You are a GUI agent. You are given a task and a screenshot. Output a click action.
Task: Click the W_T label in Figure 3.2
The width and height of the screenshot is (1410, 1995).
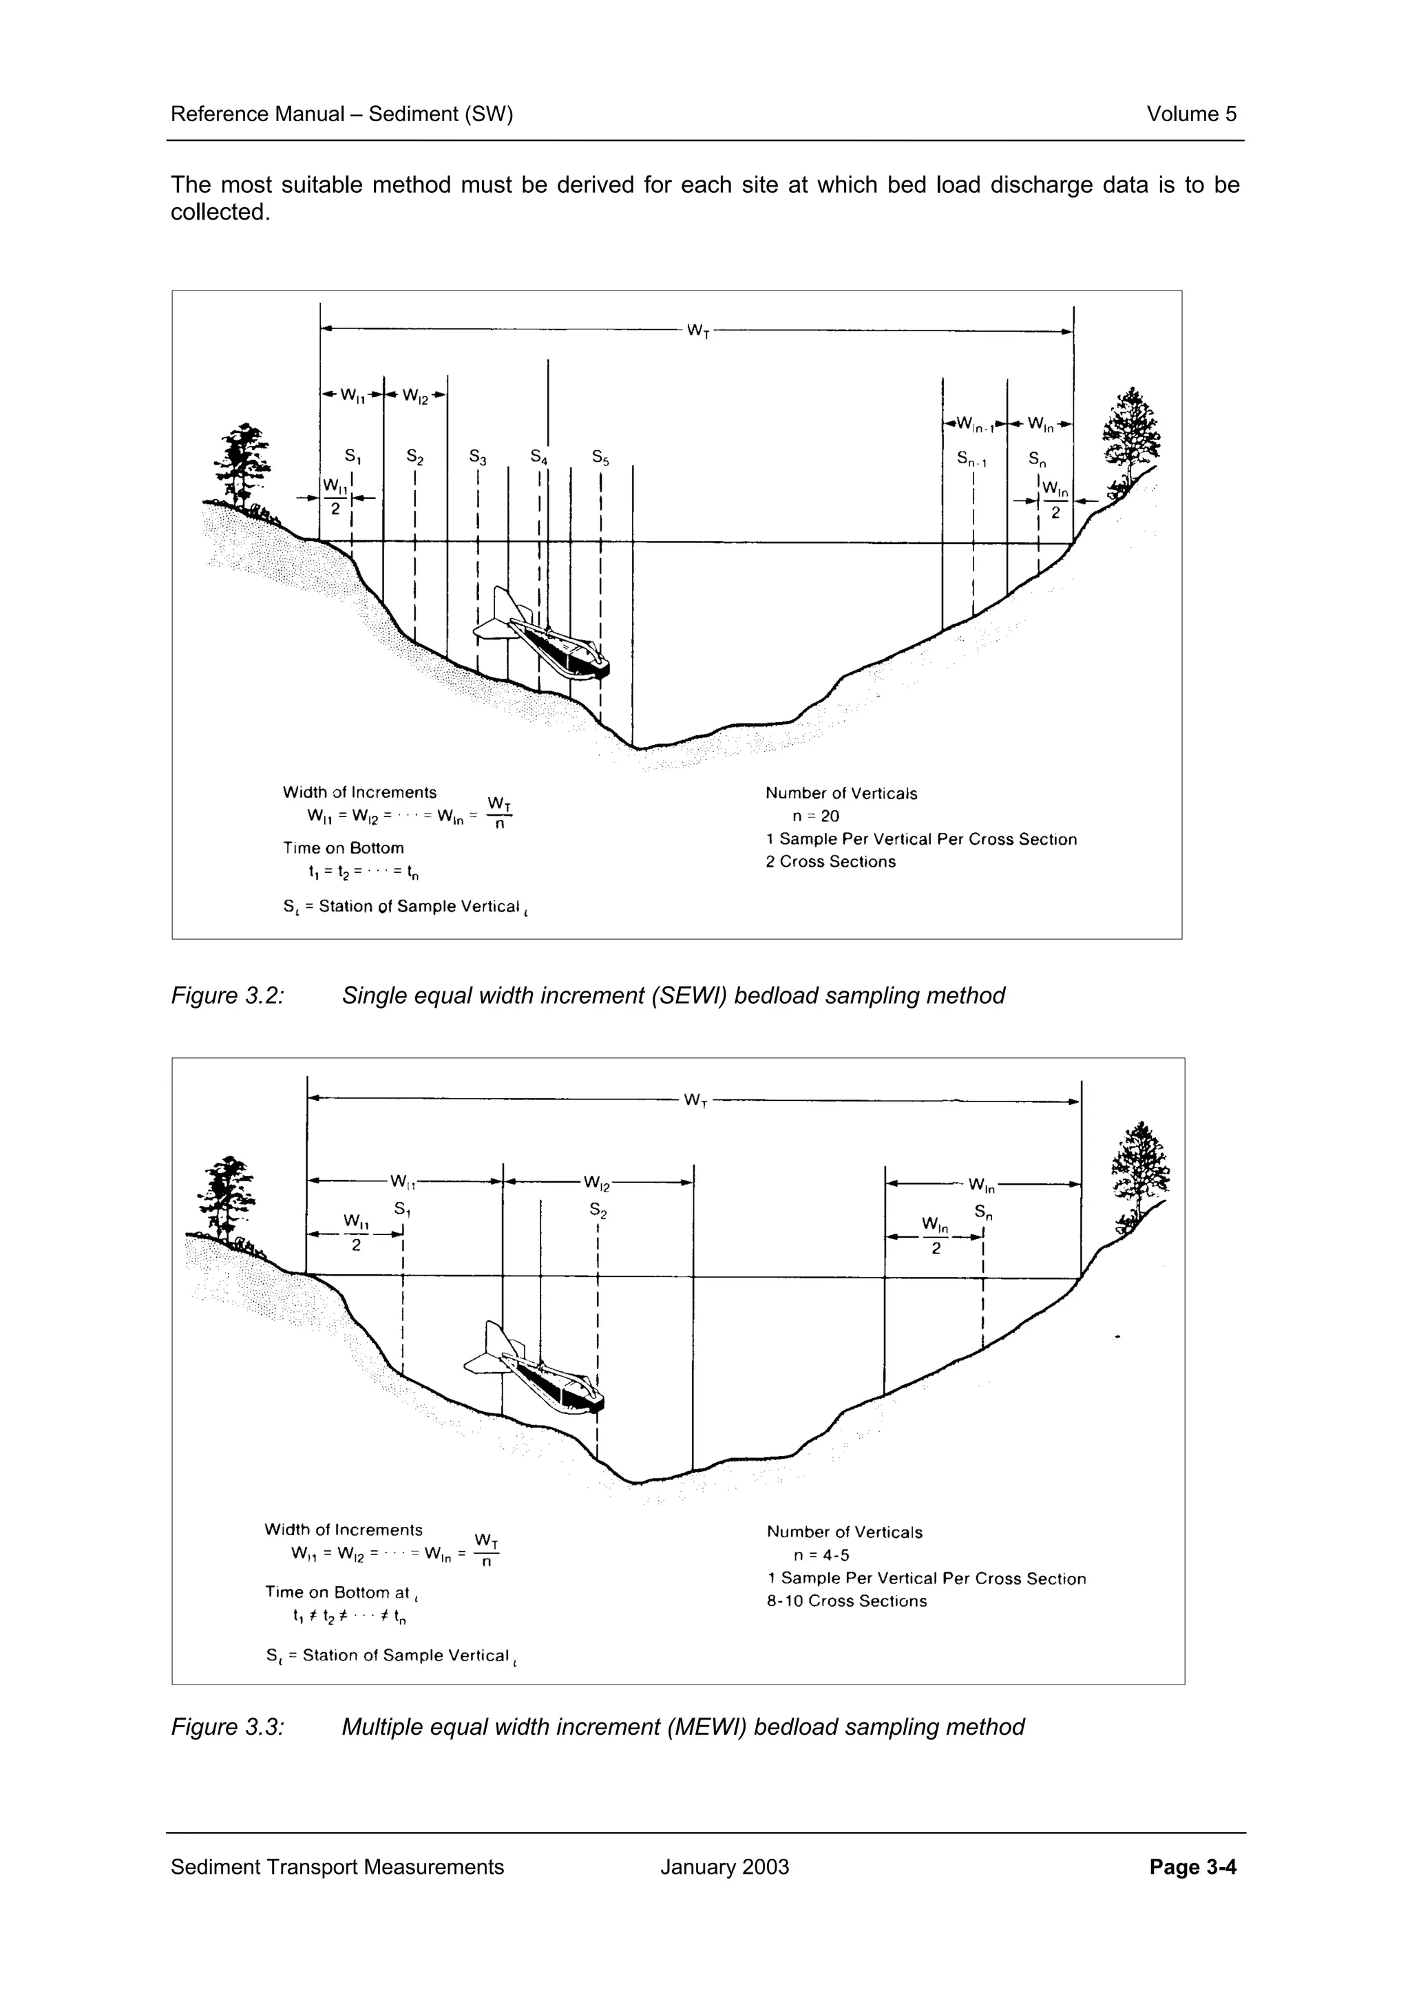coord(697,330)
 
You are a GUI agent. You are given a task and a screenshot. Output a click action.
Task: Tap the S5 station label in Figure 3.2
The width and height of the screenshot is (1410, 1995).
coord(600,457)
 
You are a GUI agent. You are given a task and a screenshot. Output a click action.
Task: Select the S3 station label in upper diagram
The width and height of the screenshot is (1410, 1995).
coord(478,456)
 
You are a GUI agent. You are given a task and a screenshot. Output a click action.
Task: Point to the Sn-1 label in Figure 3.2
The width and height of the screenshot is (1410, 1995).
coord(971,458)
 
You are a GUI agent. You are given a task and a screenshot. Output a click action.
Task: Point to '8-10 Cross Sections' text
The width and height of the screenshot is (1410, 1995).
coord(846,1601)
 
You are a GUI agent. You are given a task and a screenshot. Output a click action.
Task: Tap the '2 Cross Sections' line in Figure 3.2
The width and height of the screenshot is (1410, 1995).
coord(830,862)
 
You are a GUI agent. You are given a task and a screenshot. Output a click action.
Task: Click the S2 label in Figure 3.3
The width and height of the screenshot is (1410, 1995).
coord(598,1210)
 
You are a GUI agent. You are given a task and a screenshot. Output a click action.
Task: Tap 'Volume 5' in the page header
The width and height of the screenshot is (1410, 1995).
coord(1191,114)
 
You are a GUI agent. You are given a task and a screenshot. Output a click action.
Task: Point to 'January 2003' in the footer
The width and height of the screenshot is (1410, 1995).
coord(724,1867)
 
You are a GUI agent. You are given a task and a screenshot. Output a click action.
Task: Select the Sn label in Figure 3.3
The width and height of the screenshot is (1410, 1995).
coord(982,1212)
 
